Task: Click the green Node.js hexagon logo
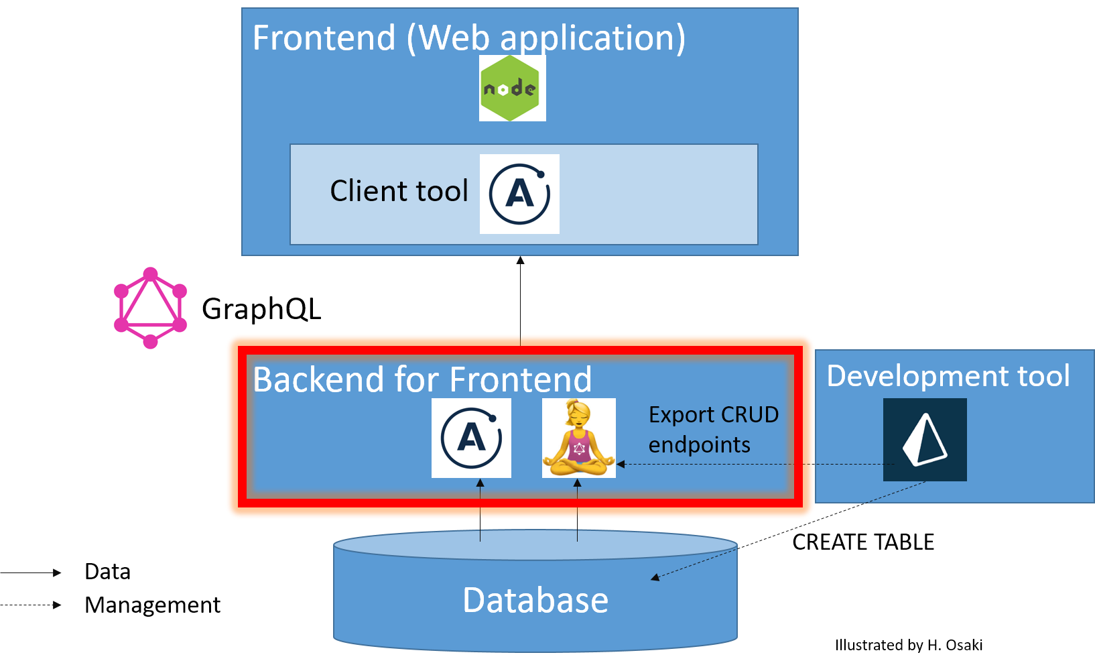pyautogui.click(x=512, y=88)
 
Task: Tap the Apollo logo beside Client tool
pyautogui.click(x=519, y=194)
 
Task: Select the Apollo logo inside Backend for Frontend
pyautogui.click(x=471, y=438)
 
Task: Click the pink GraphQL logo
pyautogui.click(x=150, y=308)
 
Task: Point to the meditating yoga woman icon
pyautogui.click(x=578, y=438)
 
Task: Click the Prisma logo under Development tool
pyautogui.click(x=925, y=440)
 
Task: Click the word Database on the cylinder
pyautogui.click(x=535, y=600)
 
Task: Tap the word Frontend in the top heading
pyautogui.click(x=324, y=38)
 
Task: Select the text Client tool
pyautogui.click(x=399, y=191)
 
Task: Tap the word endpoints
pyautogui.click(x=699, y=445)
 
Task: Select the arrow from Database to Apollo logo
pyautogui.click(x=480, y=509)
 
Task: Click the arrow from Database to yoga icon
pyautogui.click(x=577, y=509)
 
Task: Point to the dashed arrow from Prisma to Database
pyautogui.click(x=791, y=530)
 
